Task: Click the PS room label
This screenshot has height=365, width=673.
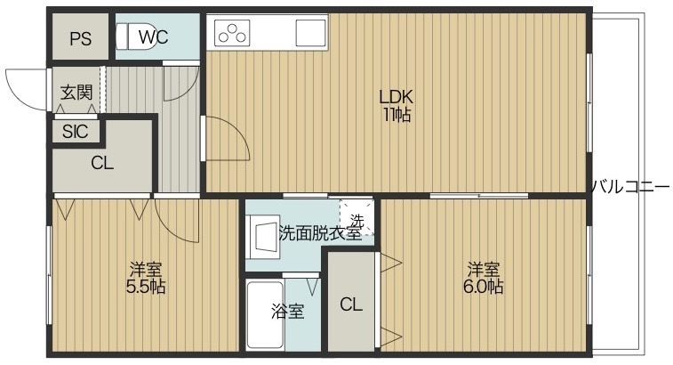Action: (x=81, y=39)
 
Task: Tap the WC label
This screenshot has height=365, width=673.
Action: (x=153, y=37)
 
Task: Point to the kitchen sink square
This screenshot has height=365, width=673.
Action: (x=310, y=33)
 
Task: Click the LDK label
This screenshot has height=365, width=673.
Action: (x=396, y=97)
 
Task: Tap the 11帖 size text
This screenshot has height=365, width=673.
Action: (x=397, y=115)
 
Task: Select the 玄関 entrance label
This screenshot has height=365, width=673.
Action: (x=76, y=92)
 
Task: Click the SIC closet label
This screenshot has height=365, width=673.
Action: (x=75, y=131)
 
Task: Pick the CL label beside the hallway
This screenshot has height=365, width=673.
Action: (x=102, y=164)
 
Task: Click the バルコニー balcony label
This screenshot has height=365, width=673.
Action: (x=630, y=187)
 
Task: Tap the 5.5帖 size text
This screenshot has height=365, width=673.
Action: (x=146, y=287)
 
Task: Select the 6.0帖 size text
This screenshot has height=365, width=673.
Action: (x=484, y=287)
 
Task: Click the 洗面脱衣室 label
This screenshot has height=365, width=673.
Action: (x=320, y=233)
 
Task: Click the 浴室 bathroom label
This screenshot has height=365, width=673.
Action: (x=287, y=312)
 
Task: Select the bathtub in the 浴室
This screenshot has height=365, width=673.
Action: (x=266, y=315)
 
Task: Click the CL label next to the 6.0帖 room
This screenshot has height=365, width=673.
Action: (x=351, y=304)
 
